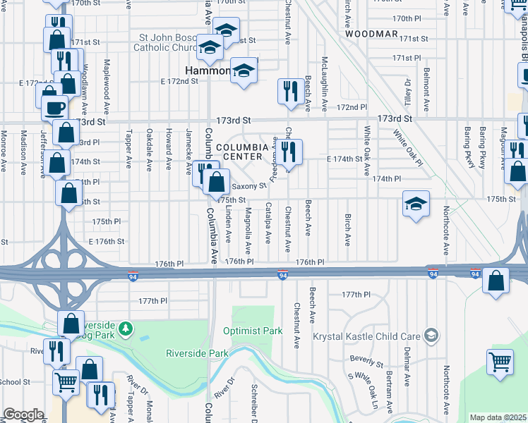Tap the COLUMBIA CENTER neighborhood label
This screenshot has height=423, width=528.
(x=242, y=152)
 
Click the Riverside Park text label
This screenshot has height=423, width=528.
(x=197, y=352)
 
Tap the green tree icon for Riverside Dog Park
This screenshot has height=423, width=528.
(x=125, y=329)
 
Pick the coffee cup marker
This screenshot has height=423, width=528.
(x=54, y=108)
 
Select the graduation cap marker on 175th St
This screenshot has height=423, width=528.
(x=416, y=204)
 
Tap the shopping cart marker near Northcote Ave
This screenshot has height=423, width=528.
(x=500, y=362)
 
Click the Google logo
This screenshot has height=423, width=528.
(x=23, y=415)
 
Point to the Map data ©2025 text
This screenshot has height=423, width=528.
(x=498, y=417)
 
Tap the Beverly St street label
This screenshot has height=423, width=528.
(x=366, y=362)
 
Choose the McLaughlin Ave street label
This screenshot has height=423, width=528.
(x=324, y=84)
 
